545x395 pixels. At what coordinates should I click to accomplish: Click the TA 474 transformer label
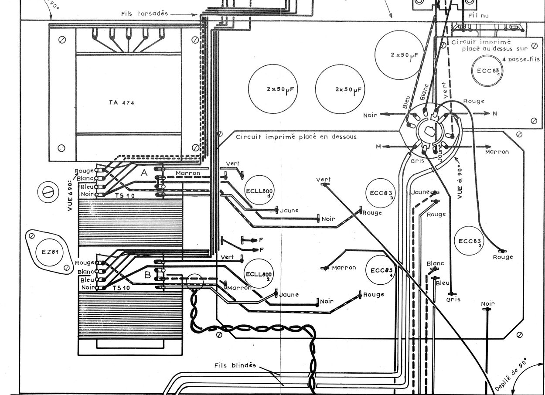[x=121, y=102]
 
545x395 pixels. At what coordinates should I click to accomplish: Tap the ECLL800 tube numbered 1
[x=259, y=190]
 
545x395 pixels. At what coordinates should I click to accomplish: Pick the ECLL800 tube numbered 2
[x=259, y=273]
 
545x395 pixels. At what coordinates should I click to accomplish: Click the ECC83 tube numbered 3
[x=381, y=193]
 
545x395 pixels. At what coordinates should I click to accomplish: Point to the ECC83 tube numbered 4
[x=381, y=270]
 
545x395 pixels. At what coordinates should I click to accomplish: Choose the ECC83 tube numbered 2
[x=469, y=241]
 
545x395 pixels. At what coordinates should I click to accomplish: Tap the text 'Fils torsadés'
[x=145, y=14]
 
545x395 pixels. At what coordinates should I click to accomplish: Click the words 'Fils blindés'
[x=235, y=365]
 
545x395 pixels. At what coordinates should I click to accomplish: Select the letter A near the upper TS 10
[x=144, y=173]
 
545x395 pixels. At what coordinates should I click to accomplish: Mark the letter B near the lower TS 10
[x=147, y=275]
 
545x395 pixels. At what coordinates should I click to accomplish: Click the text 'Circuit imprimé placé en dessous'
[x=296, y=136]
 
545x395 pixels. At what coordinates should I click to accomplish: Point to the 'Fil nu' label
[x=479, y=16]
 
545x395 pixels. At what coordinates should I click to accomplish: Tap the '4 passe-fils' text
[x=521, y=59]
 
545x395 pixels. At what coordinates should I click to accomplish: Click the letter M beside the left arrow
[x=378, y=146]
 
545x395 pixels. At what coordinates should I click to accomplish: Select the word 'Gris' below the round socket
[x=417, y=161]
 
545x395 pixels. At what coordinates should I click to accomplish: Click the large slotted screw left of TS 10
[x=48, y=192]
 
